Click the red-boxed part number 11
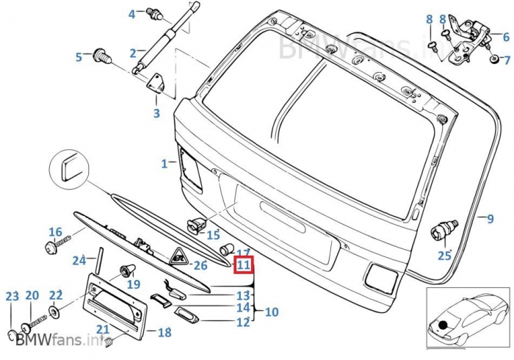coord(244,265)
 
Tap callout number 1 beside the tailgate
coord(164,162)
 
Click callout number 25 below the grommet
coord(444,256)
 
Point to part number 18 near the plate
coord(164,333)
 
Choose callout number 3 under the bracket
coord(156,113)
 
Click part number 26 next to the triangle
coord(200,264)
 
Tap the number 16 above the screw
coord(55,231)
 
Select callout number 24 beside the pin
coord(79,259)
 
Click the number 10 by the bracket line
coord(272,312)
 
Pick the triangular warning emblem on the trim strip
coord(178,257)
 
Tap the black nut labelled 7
coord(494,58)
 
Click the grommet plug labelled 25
coord(443,231)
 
